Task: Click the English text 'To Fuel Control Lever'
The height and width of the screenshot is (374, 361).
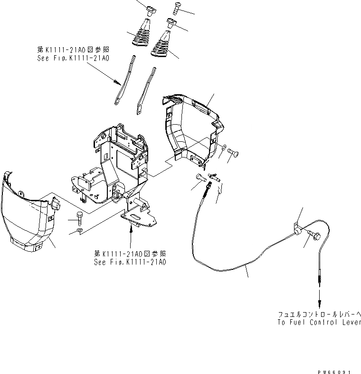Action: tap(319, 322)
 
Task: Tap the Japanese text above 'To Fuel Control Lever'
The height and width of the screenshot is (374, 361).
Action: tap(319, 314)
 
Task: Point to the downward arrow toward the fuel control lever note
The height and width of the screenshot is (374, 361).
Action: tap(319, 297)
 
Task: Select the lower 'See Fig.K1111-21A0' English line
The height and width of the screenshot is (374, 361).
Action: tap(130, 262)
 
